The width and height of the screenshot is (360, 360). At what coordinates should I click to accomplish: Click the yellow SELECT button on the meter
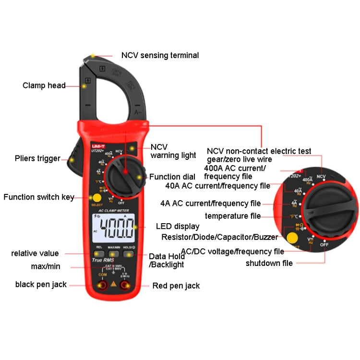97,198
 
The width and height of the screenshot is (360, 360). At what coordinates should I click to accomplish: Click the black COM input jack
102,286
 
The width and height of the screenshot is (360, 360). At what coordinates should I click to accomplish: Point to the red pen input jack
126,286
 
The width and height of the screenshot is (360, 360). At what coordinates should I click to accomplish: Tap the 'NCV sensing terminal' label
160,55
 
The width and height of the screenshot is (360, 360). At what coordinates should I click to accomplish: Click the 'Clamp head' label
44,85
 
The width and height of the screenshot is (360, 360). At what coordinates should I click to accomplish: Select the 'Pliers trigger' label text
37,158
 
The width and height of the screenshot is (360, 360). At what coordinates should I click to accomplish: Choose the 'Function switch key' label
39,197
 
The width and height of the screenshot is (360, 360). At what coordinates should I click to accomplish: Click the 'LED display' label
178,226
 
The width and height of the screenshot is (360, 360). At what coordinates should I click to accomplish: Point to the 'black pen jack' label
41,284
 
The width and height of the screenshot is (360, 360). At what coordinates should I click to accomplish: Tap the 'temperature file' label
233,216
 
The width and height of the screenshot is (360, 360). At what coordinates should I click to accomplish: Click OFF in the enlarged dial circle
324,244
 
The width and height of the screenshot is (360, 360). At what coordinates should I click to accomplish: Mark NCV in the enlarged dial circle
321,177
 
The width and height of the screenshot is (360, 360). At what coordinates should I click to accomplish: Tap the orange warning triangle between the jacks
114,285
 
